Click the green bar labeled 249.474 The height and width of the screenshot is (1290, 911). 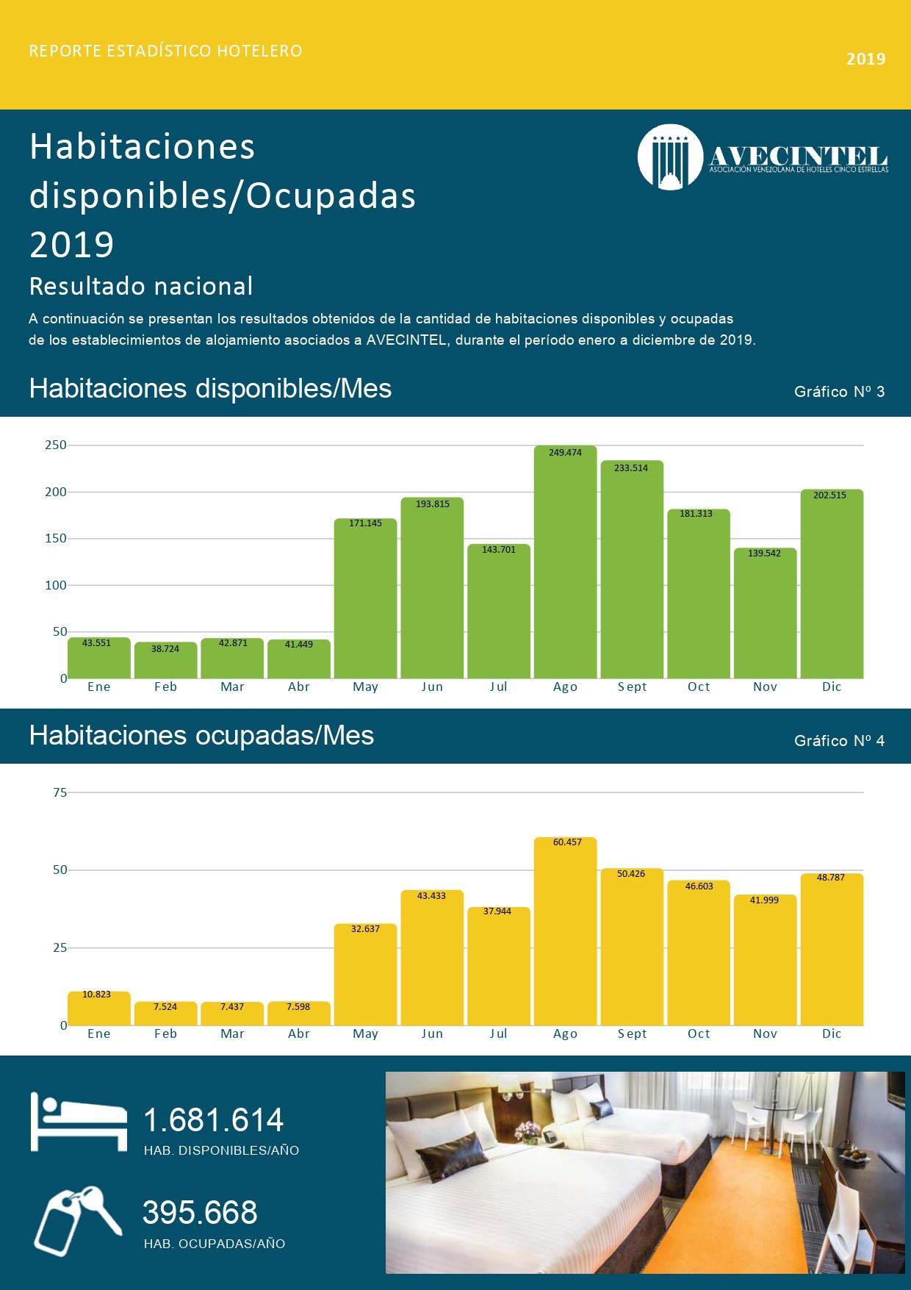565,562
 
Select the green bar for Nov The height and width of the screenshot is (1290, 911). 765,613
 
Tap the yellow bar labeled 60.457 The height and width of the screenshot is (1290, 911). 565,931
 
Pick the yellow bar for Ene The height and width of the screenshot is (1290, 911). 99,1008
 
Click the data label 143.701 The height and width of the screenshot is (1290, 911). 499,550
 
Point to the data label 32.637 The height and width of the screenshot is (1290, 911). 365,929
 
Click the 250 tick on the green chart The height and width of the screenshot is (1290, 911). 56,445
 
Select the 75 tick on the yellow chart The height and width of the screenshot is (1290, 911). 60,792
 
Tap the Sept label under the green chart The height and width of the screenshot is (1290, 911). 632,687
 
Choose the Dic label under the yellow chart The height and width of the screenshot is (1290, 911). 832,1033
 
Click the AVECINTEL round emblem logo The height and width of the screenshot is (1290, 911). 670,157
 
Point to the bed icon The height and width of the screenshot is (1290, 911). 79,1122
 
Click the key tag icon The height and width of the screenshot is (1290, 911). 78,1220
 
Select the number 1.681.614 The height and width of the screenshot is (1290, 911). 213,1120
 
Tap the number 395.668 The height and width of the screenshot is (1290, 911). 200,1213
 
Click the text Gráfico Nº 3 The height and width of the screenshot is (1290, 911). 839,392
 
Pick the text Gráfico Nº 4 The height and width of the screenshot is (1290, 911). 839,741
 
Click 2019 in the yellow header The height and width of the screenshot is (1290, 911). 865,59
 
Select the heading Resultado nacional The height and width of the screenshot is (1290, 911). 141,286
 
